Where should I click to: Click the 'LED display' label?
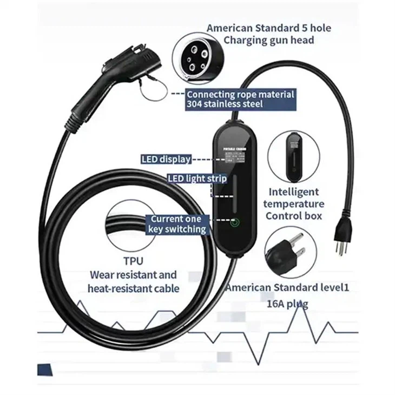pos(166,159)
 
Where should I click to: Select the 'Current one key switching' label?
pos(178,224)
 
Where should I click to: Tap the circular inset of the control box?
pos(294,156)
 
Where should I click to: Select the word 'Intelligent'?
pos(294,192)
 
